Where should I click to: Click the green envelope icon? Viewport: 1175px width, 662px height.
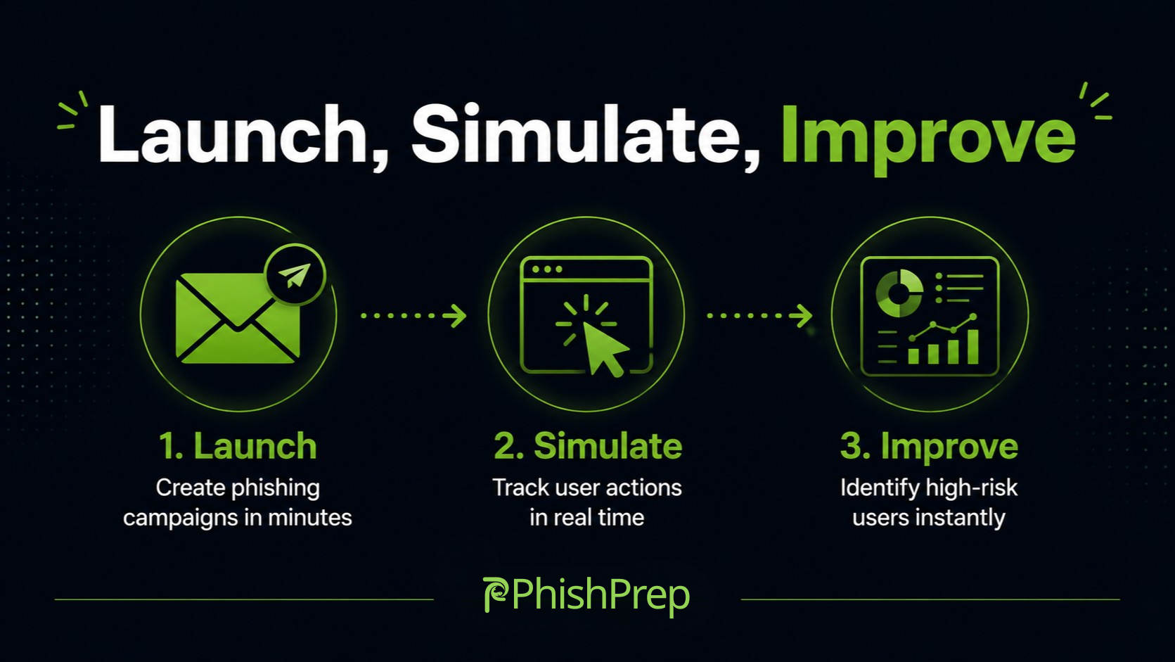pos(238,317)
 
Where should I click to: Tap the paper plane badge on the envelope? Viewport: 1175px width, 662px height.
pos(295,274)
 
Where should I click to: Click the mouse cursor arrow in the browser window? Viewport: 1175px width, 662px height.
pos(604,348)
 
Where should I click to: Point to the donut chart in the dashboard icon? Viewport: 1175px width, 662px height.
pos(899,293)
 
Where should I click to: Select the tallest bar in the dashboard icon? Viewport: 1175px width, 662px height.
pos(972,347)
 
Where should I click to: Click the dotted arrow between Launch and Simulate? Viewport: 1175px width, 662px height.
pos(413,315)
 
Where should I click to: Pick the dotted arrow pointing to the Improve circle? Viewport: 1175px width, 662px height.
pos(759,315)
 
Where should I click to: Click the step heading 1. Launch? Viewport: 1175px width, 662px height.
pos(238,446)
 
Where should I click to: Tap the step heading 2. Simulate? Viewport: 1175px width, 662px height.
pos(588,446)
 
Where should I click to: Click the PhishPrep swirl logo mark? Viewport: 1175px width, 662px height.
pos(495,594)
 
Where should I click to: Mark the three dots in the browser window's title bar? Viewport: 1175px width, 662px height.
pos(547,269)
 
